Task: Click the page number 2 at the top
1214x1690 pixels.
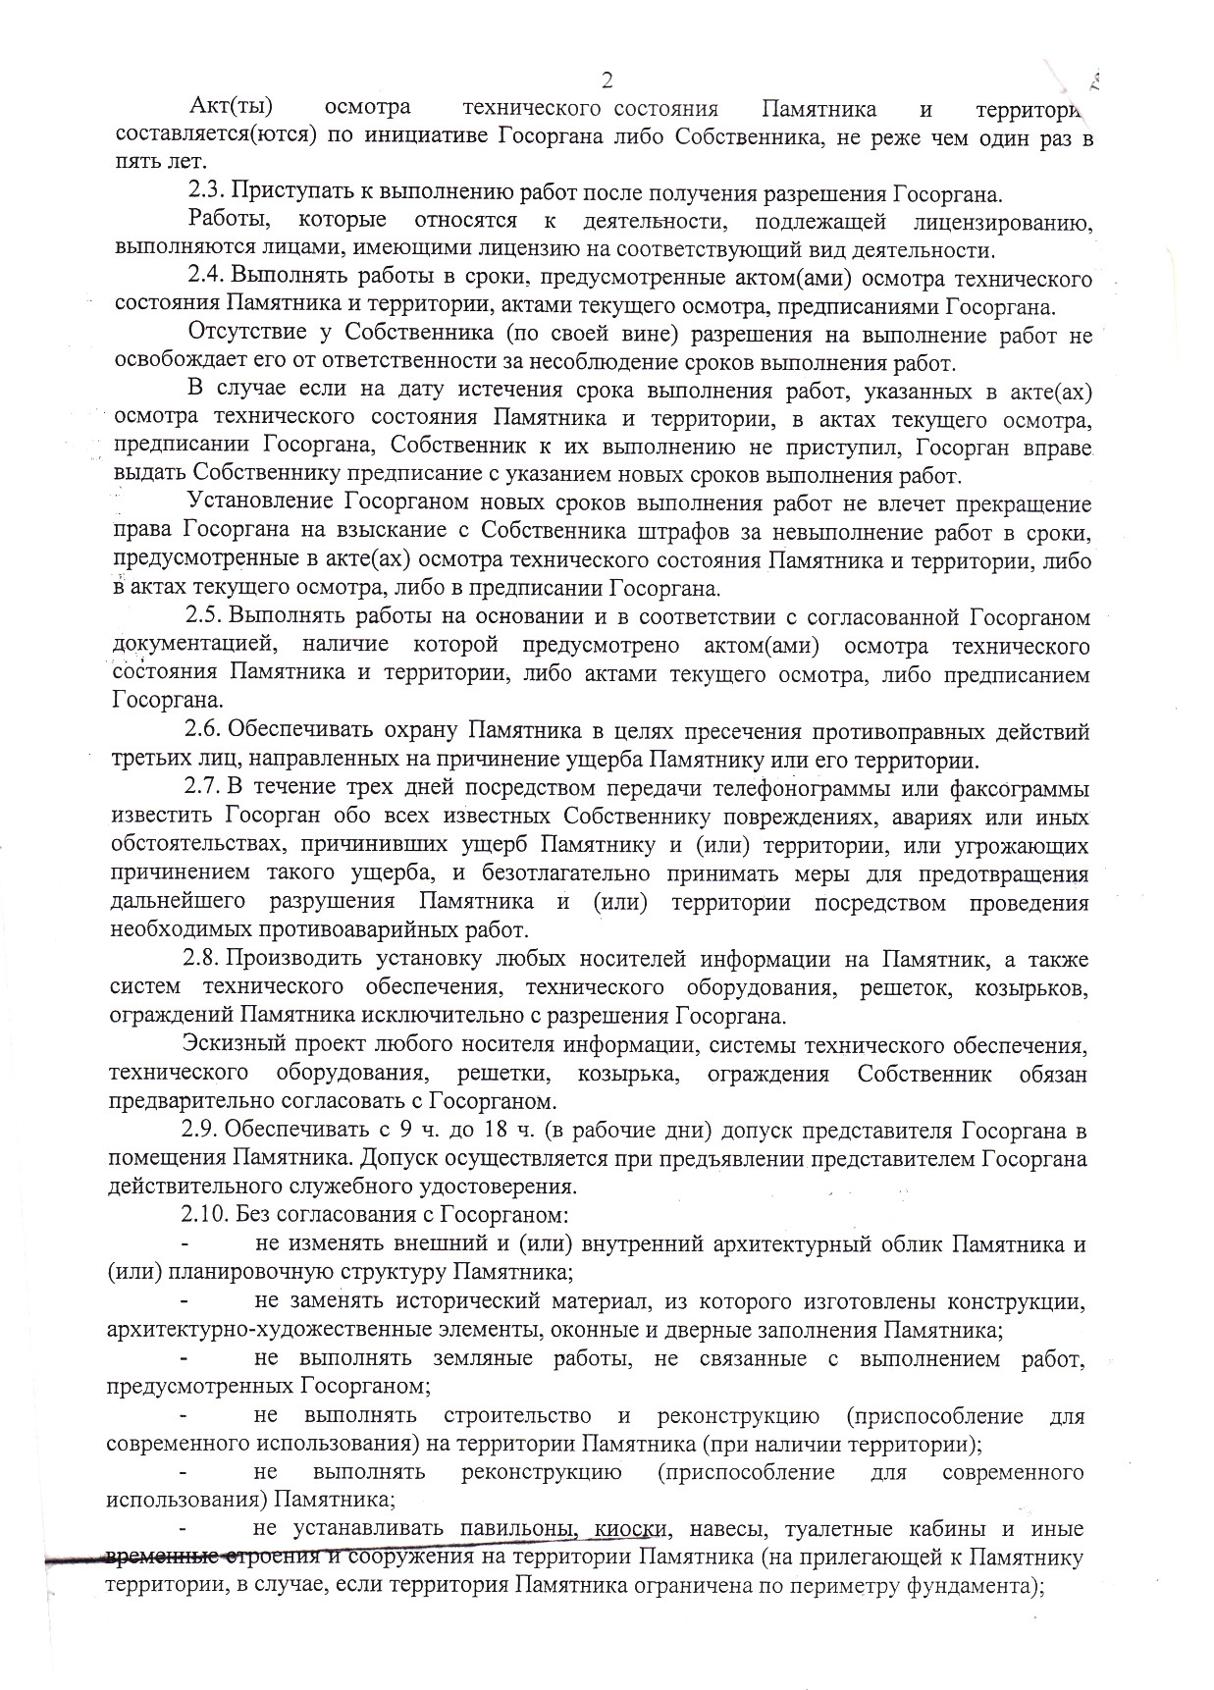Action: coord(607,79)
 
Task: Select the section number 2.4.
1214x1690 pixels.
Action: coord(205,278)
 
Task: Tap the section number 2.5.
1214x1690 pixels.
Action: coord(205,617)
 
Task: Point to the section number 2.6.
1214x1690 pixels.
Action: coord(205,731)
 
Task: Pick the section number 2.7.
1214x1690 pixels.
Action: coord(205,788)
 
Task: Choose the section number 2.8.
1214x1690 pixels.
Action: coord(205,958)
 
